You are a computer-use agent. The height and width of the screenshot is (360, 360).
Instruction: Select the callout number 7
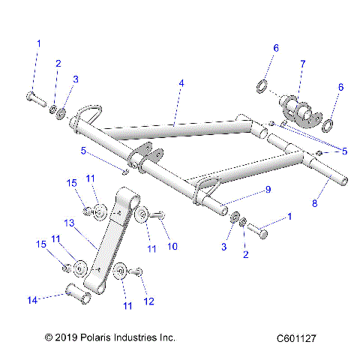pos(302,64)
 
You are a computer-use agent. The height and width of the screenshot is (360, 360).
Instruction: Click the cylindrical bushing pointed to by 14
pos(77,293)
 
